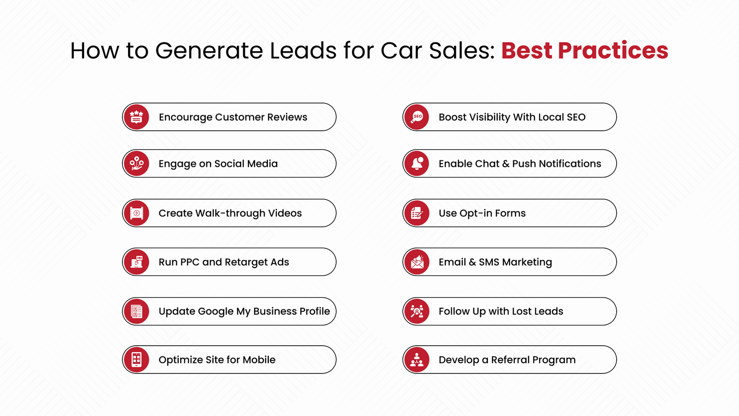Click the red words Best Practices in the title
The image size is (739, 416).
click(x=584, y=50)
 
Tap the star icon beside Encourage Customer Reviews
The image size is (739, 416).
click(x=136, y=117)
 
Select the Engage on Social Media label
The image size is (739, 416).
click(x=218, y=164)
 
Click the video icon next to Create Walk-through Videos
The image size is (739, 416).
click(x=136, y=213)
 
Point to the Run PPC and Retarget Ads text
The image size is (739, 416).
click(x=224, y=262)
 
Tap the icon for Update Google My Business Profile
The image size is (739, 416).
click(x=136, y=311)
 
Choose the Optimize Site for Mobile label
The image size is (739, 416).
click(x=217, y=360)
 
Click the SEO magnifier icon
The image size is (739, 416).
click(x=417, y=117)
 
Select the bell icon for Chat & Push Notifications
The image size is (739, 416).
click(x=417, y=164)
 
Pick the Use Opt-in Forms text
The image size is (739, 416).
click(x=482, y=213)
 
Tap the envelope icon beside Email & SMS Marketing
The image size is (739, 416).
click(x=417, y=262)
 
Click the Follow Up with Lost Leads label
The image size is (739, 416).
click(x=501, y=311)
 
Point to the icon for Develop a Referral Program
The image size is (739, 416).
click(x=417, y=360)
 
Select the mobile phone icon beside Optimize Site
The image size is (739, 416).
click(x=136, y=360)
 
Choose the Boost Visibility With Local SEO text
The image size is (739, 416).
click(x=512, y=117)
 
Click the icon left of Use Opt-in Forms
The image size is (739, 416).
click(x=417, y=213)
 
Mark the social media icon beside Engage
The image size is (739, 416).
click(x=136, y=164)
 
